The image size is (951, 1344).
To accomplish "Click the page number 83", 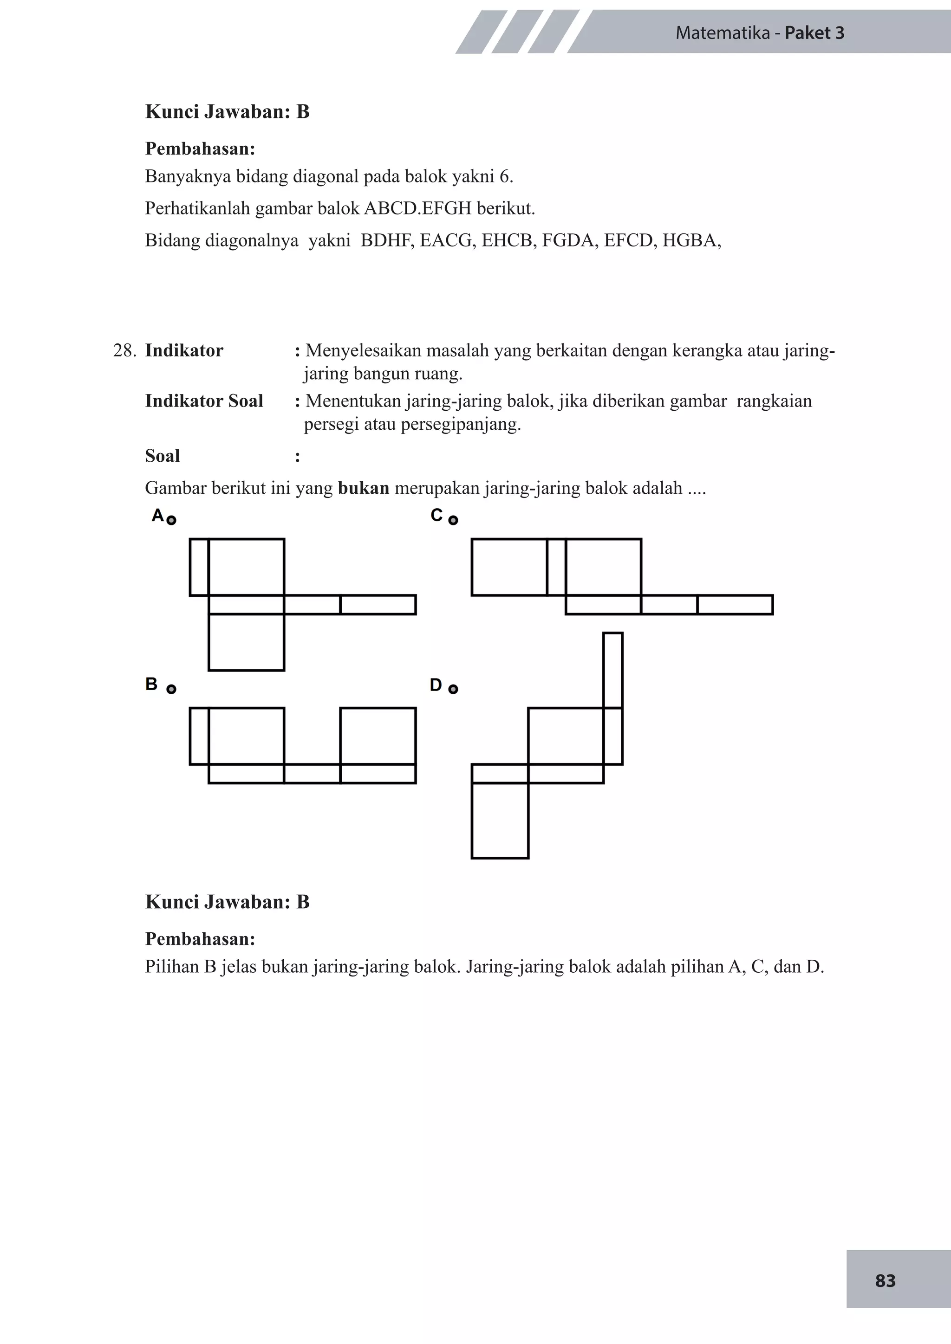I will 885,1281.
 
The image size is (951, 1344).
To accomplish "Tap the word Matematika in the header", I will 723,33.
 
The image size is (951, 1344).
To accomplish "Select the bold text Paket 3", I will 814,33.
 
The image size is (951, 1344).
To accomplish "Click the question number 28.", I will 124,351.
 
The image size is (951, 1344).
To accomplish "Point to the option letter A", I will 157,515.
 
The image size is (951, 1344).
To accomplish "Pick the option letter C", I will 436,515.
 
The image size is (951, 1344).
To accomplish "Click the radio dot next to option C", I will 453,520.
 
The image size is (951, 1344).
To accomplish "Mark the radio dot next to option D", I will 453,689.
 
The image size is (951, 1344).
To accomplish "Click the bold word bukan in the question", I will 363,488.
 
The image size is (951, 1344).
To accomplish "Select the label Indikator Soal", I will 204,401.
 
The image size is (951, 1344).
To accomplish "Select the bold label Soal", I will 162,456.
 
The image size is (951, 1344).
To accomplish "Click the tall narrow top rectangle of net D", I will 612,670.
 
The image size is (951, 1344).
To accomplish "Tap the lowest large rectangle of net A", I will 246,642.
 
